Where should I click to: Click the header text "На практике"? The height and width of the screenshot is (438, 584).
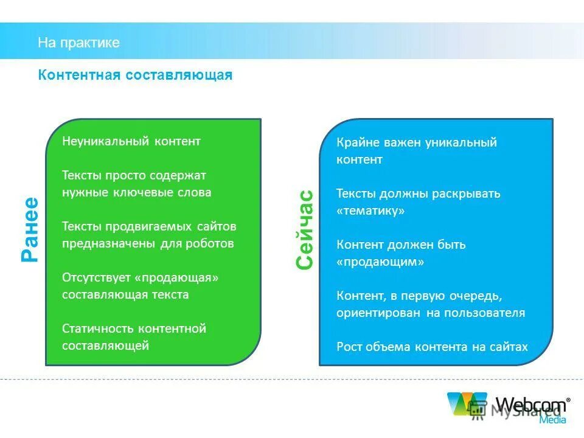[x=78, y=43]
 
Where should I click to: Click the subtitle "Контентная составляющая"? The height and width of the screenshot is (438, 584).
[x=135, y=75]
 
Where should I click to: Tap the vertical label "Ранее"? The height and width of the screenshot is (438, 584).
[x=30, y=230]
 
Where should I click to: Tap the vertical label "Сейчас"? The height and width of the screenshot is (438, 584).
[x=304, y=229]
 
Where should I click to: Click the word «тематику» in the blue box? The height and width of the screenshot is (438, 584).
[x=370, y=210]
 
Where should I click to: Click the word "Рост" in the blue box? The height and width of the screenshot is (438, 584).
[x=349, y=347]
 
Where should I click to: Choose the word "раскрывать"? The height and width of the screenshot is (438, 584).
[x=466, y=193]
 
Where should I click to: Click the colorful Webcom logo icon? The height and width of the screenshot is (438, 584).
[x=467, y=404]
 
